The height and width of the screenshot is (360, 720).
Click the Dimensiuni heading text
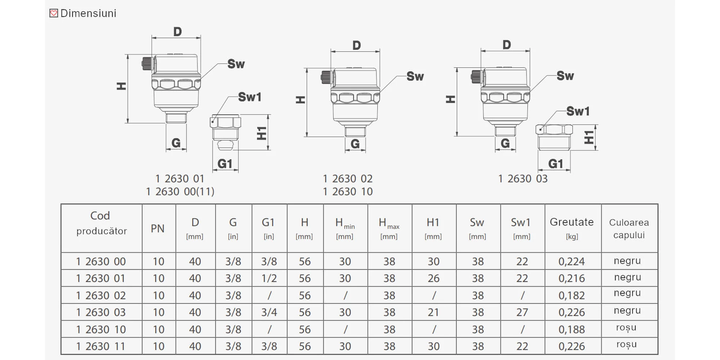[x=88, y=13]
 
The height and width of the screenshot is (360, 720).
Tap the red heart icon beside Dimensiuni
[x=54, y=13]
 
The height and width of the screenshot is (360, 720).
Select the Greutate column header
[x=572, y=228]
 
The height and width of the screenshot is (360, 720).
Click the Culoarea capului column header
[x=629, y=228]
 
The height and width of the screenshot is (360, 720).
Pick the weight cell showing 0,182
[x=572, y=295]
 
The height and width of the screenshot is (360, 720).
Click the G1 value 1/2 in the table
[x=269, y=278]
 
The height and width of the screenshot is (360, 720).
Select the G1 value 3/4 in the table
[x=269, y=312]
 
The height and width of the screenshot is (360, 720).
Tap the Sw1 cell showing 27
[x=522, y=312]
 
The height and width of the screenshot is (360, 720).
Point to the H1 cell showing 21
[x=433, y=312]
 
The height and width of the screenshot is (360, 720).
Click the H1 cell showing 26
[x=433, y=278]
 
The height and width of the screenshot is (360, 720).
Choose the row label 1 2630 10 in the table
[x=101, y=329]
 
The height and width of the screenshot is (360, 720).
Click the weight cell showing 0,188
[x=572, y=329]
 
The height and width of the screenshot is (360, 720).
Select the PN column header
[x=158, y=229]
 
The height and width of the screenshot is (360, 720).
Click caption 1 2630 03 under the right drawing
[x=523, y=179]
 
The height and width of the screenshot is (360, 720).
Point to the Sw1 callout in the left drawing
[x=249, y=97]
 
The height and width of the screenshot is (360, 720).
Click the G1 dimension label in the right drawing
[x=555, y=164]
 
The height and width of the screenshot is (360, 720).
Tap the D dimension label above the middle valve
[x=356, y=45]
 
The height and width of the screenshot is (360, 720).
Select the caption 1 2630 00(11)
[x=180, y=192]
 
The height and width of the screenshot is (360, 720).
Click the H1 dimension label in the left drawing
[x=262, y=133]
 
